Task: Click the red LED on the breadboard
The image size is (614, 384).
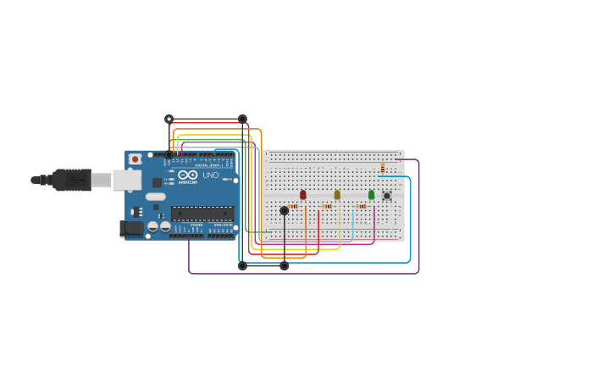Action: pos(303,195)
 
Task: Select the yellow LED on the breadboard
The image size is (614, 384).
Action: pos(337,195)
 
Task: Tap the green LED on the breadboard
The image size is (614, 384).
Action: pos(371,195)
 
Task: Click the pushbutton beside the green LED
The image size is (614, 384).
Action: pos(387,196)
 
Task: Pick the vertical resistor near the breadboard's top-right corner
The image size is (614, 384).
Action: pos(383,168)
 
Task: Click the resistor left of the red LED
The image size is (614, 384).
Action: pos(293,206)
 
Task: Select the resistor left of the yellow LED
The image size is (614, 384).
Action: pos(327,206)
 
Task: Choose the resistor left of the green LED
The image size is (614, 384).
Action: pos(361,206)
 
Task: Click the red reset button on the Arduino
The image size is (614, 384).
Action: pos(135,159)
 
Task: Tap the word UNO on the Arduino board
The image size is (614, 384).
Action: pos(210,175)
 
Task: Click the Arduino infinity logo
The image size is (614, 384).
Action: pos(188,175)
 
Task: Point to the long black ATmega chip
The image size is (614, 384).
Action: pos(202,214)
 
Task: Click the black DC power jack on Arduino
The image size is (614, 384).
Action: pos(132,227)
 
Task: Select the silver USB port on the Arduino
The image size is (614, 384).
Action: pos(127,180)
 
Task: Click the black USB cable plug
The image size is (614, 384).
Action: pos(72,180)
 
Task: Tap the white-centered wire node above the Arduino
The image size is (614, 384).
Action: pos(169,119)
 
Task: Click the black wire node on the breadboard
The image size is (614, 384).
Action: pos(285,210)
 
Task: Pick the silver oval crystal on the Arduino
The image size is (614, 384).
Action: pos(156,197)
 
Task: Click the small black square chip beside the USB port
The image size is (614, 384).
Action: pos(158,182)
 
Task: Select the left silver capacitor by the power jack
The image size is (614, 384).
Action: pos(153,226)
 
